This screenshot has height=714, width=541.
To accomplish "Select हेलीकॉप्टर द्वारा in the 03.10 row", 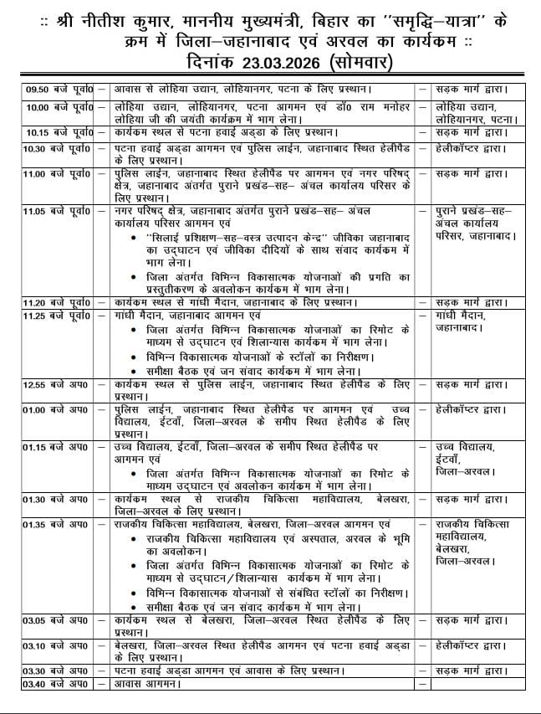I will click(x=472, y=646).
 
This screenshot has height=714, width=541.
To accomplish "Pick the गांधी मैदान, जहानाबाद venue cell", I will click(x=467, y=322).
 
